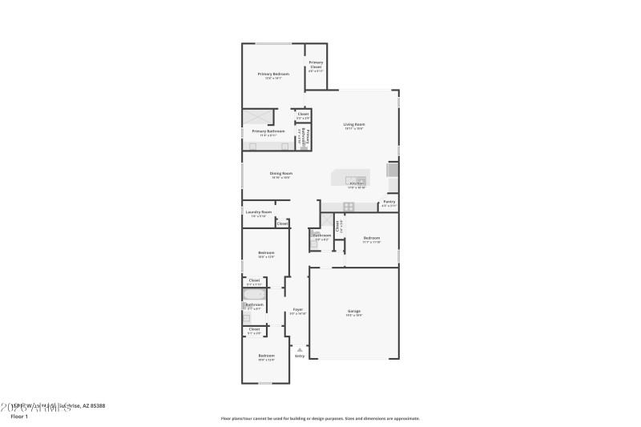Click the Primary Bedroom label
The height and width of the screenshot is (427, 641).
tap(273, 74)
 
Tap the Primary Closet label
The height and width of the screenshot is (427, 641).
tap(316, 64)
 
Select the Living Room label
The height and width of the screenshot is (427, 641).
tap(354, 124)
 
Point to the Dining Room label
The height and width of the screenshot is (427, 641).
tap(280, 173)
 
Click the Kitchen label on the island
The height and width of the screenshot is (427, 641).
tap(357, 183)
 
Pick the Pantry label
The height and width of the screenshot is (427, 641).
tap(389, 202)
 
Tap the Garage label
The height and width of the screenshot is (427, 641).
tap(353, 311)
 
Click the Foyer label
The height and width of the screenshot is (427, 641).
tap(297, 309)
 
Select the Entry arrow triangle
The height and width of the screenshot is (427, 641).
tap(300, 349)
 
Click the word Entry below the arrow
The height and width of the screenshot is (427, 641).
tap(300, 357)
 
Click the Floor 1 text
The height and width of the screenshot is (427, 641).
tap(18, 417)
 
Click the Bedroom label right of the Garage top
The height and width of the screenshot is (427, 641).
tap(371, 238)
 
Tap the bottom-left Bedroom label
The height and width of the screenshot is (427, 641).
tap(266, 355)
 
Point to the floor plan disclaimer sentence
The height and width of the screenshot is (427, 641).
tap(320, 418)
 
